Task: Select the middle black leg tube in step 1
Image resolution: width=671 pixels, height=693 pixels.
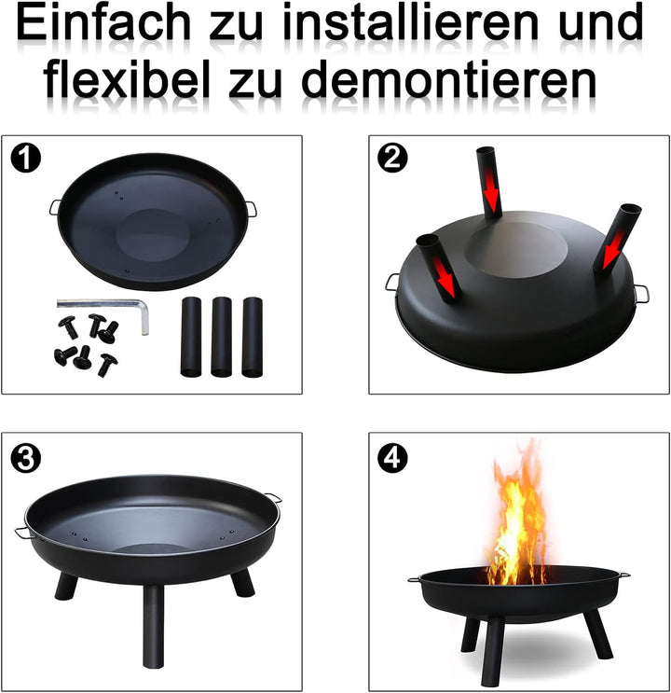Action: coord(221,337)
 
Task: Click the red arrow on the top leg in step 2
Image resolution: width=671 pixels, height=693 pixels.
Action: coord(490,196)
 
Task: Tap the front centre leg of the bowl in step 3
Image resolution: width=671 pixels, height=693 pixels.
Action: coord(153,625)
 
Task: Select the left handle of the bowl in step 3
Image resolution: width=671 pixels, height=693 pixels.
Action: coord(22,533)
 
